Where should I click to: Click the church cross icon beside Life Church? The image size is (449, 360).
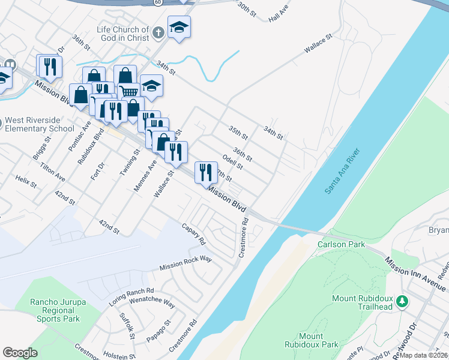(158, 34)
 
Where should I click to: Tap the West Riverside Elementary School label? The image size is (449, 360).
(40, 124)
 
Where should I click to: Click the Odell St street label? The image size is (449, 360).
(232, 161)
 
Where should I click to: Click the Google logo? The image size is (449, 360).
(20, 353)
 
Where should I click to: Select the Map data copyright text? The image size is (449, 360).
(423, 355)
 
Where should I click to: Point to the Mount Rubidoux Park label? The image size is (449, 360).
(310, 340)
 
